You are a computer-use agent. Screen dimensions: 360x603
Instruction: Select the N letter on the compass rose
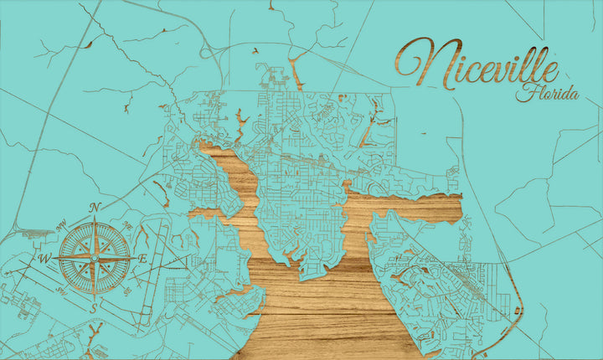pyautogui.click(x=95, y=208)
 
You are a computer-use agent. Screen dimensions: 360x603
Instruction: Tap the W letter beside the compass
pyautogui.click(x=45, y=258)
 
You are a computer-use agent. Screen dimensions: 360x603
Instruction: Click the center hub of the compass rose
pyautogui.click(x=94, y=258)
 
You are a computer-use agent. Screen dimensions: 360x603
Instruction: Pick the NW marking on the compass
pyautogui.click(x=61, y=224)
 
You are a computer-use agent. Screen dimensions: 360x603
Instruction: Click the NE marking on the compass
pyautogui.click(x=127, y=224)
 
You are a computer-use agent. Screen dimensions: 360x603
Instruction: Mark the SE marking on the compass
pyautogui.click(x=126, y=291)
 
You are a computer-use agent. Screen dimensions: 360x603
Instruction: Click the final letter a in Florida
pyautogui.click(x=574, y=95)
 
